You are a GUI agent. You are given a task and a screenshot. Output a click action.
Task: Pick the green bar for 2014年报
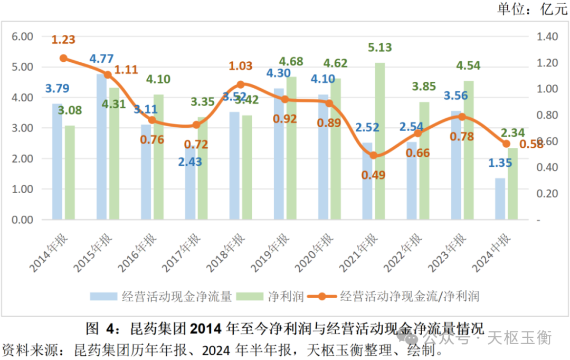(x=70, y=172)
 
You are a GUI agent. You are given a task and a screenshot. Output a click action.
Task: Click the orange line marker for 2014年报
(x=63, y=58)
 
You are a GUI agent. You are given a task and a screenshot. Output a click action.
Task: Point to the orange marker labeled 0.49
(x=374, y=155)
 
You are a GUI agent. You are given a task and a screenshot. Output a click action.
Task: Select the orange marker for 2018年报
(x=241, y=84)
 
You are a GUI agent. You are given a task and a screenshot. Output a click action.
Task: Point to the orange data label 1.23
(x=63, y=39)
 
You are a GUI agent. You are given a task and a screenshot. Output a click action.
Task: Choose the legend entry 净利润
(x=288, y=296)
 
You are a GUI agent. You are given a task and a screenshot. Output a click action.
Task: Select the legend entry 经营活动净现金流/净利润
(x=410, y=296)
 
